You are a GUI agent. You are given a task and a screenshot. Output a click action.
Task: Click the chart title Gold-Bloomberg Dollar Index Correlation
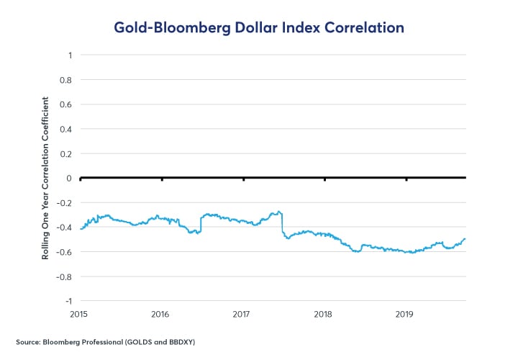(x=259, y=27)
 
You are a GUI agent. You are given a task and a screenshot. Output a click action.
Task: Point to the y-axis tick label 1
(x=69, y=55)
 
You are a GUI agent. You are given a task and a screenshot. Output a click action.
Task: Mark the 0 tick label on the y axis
(x=69, y=178)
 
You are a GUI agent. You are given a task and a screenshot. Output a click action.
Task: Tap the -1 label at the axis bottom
(x=68, y=300)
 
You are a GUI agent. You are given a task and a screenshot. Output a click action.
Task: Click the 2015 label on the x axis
(x=80, y=314)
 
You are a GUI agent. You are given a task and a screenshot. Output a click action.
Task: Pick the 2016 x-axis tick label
(x=160, y=314)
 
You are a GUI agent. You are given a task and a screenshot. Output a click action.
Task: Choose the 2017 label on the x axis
(x=242, y=314)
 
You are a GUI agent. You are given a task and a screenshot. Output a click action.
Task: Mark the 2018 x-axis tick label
(x=324, y=314)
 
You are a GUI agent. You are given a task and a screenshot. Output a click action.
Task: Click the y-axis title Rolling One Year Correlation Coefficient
(x=45, y=178)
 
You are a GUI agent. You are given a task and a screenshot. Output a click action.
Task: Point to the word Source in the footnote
(x=28, y=340)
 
